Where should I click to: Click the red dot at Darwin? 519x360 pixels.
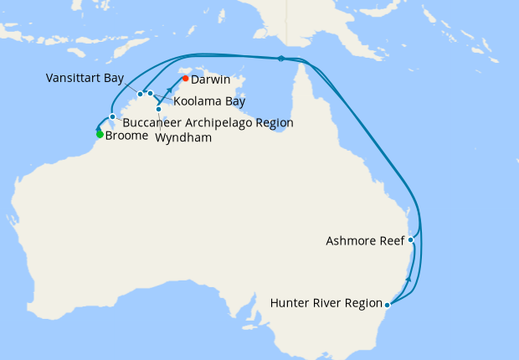click(x=185, y=80)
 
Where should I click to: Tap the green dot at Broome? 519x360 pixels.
click(x=100, y=134)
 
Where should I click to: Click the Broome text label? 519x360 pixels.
click(x=127, y=135)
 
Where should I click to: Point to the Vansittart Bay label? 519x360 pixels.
click(x=85, y=78)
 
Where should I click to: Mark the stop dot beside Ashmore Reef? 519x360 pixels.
click(x=410, y=239)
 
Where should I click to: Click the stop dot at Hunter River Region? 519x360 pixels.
click(x=388, y=304)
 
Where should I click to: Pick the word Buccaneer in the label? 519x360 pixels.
click(x=149, y=122)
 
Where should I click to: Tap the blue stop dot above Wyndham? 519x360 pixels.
click(x=158, y=109)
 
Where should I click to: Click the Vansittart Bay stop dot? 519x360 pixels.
click(x=140, y=95)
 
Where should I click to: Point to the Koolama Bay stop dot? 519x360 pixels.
click(x=151, y=93)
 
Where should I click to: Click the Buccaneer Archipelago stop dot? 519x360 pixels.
click(x=112, y=116)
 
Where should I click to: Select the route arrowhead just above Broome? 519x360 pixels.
click(x=98, y=128)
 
